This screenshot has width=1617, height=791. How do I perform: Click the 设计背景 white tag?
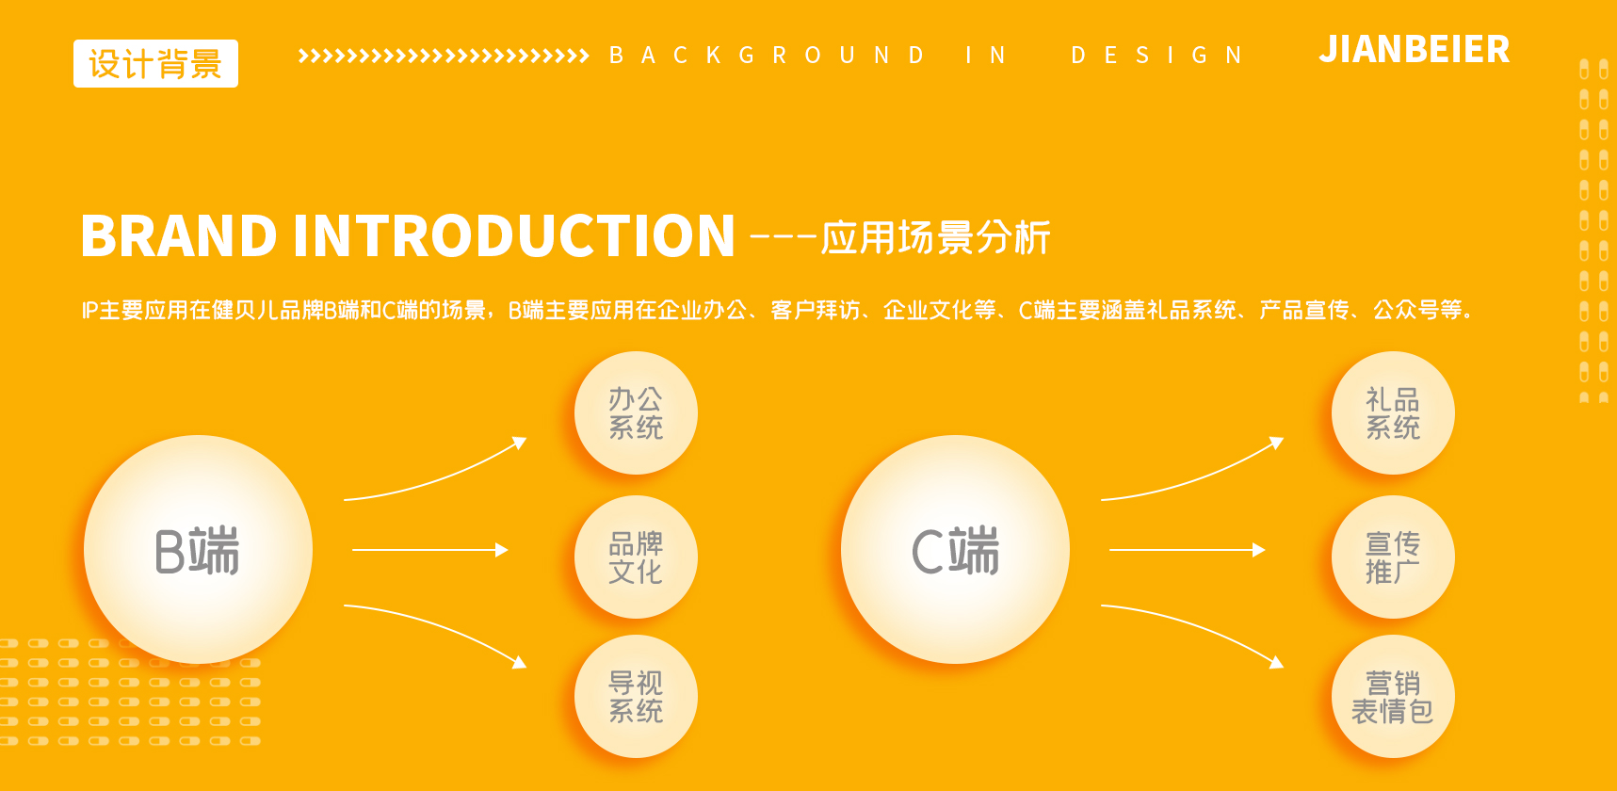pos(155,64)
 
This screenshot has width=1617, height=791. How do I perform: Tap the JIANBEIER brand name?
pos(1414,50)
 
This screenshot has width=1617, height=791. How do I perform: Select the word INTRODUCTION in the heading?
pos(514,235)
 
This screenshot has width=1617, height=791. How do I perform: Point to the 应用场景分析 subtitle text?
pos(935,237)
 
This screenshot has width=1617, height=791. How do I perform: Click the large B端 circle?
pos(198,550)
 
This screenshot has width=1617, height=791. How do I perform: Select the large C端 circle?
pos(955,550)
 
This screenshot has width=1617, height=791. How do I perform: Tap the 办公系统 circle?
pos(636,412)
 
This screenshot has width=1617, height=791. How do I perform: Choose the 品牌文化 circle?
pos(636,557)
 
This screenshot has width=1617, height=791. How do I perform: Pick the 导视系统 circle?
pos(636,696)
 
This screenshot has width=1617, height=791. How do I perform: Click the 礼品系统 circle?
pos(1393,412)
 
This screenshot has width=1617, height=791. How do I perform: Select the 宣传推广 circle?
pos(1393,557)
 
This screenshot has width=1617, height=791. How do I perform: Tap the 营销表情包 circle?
pos(1393,696)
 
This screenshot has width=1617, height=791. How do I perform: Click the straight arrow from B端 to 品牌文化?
pos(429,550)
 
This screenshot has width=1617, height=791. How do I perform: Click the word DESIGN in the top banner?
pos(1156,56)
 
